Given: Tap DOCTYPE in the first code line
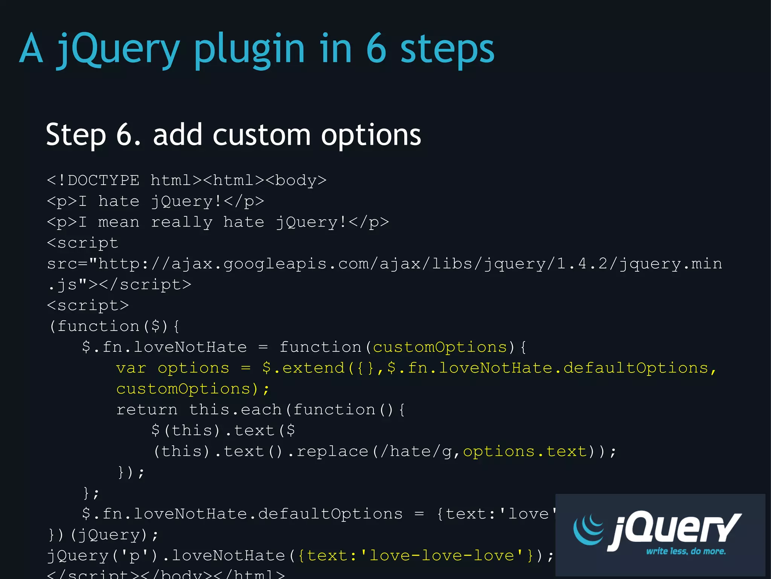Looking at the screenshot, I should coord(104,180).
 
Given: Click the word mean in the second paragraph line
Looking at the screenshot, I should coord(119,222).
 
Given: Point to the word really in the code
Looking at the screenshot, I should coord(181,222).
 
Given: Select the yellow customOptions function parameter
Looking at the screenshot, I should coord(440,347).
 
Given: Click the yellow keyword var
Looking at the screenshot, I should coord(131,368).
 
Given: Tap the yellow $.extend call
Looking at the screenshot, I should coord(303,368).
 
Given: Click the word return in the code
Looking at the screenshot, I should coord(147,410).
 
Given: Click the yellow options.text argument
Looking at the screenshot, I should coord(525,451).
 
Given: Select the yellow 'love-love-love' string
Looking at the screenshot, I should coord(441,556).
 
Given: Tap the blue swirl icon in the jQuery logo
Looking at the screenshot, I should coord(589,529).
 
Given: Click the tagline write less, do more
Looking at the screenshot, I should coord(686,551).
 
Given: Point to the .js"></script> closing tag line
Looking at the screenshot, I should coord(120,285).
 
